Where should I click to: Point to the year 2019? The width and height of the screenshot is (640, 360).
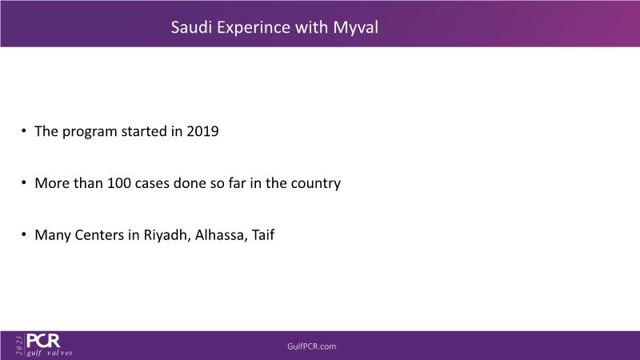[x=202, y=131]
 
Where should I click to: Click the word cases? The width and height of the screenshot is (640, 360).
[x=152, y=184]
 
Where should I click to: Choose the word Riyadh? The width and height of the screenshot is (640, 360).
[x=167, y=235]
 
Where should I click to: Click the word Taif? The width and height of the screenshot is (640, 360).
[x=263, y=234]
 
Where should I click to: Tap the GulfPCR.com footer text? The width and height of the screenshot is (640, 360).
[x=312, y=346]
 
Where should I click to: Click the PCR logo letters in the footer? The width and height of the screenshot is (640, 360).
[x=43, y=341]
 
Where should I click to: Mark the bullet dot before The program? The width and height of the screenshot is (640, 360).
[x=24, y=130]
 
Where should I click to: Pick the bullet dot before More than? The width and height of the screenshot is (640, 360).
[x=24, y=182]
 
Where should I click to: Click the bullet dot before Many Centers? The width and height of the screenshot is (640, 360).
[x=24, y=234]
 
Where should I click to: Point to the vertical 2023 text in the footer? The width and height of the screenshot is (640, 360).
[x=19, y=345]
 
